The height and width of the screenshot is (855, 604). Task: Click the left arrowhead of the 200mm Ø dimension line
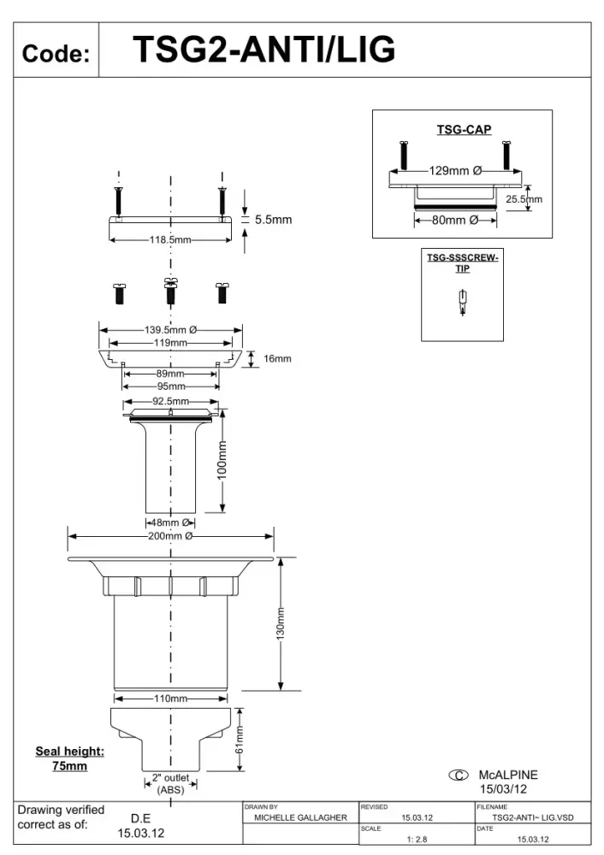click(x=72, y=537)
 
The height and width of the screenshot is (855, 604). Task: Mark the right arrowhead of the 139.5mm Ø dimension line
click(x=238, y=330)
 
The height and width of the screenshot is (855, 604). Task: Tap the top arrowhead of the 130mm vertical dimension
click(x=281, y=563)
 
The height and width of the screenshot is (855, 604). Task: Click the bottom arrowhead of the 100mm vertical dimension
click(x=222, y=508)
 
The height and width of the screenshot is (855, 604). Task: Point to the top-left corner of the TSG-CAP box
click(x=373, y=110)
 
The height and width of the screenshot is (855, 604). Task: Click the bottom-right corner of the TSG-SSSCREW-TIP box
click(x=503, y=341)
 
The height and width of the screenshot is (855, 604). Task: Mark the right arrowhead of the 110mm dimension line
click(x=223, y=699)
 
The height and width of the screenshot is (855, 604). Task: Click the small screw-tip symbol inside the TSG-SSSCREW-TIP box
click(x=463, y=303)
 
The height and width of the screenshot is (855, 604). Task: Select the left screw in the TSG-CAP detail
click(x=404, y=155)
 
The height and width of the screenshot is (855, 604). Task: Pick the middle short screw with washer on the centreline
click(x=171, y=292)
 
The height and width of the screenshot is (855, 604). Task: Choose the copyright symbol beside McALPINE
click(x=459, y=775)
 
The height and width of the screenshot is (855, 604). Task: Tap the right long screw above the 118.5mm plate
click(x=222, y=201)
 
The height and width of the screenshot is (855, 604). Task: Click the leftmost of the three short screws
click(x=119, y=293)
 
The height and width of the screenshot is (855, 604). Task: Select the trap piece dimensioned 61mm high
click(x=171, y=740)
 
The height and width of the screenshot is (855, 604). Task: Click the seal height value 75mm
click(x=69, y=766)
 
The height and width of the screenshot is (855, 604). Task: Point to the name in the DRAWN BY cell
click(x=300, y=817)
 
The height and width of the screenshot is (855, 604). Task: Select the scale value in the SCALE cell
click(x=417, y=840)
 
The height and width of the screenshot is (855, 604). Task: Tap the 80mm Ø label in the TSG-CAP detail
click(x=455, y=221)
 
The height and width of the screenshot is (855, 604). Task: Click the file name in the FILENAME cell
click(x=533, y=817)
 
